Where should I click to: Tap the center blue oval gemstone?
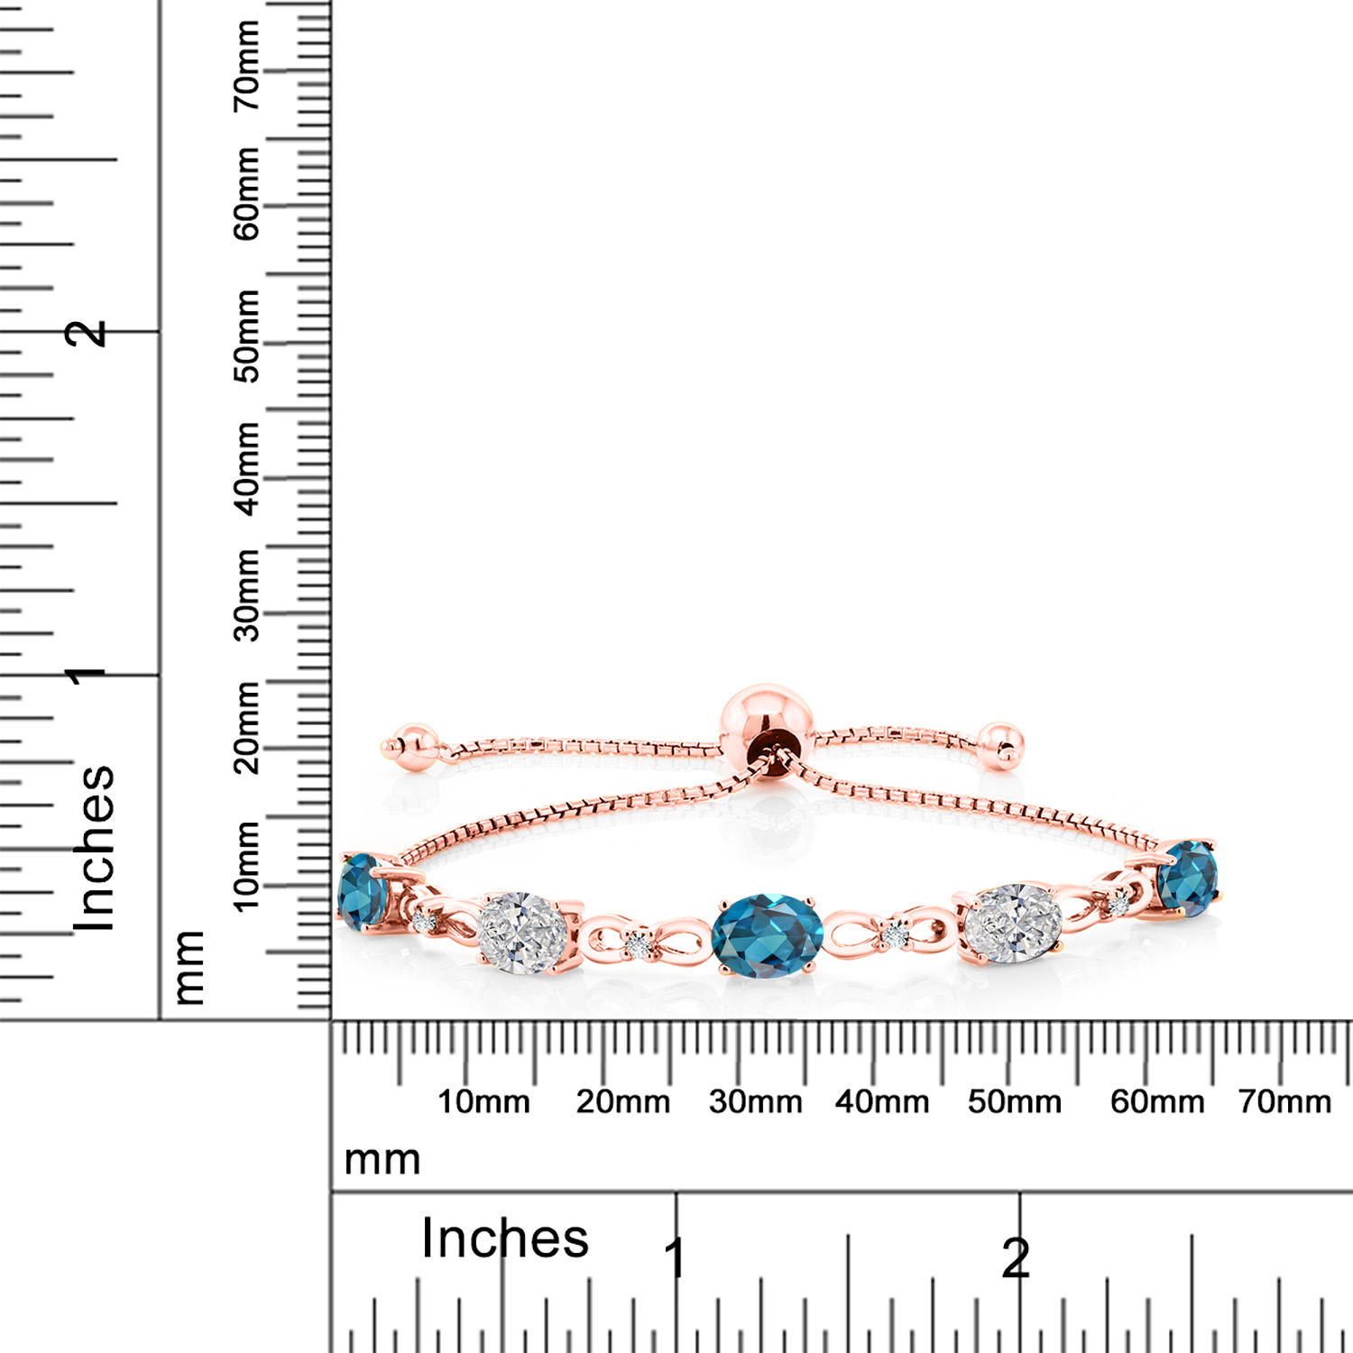click(x=768, y=932)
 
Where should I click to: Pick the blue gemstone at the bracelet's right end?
click(x=1188, y=877)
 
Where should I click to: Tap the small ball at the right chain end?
click(x=1000, y=745)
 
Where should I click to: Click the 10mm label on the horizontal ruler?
click(x=483, y=1101)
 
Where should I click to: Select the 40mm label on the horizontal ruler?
click(x=882, y=1101)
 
